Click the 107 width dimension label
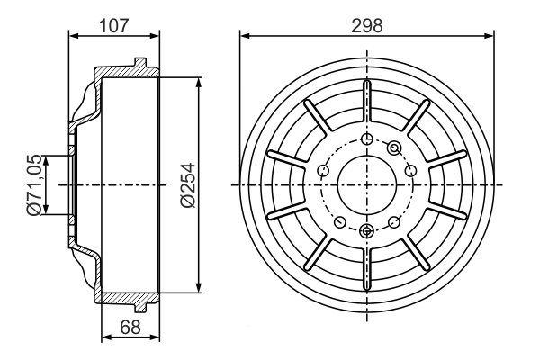(113, 26)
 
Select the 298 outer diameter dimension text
(367, 26)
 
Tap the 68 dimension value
(130, 327)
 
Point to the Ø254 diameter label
(188, 185)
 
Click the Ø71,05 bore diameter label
(34, 185)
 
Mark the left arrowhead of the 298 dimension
(245, 35)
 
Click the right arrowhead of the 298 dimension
(489, 35)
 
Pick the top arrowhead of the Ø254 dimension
(198, 83)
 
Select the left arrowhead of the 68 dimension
(107, 337)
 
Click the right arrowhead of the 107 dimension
(155, 35)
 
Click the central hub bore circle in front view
(367, 185)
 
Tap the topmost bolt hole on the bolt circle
(367, 139)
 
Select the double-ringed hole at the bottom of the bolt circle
(366, 230)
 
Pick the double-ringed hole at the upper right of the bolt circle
(394, 148)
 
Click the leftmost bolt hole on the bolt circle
(323, 170)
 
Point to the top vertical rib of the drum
(367, 101)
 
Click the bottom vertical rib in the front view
(367, 269)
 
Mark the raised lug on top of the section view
(140, 63)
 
